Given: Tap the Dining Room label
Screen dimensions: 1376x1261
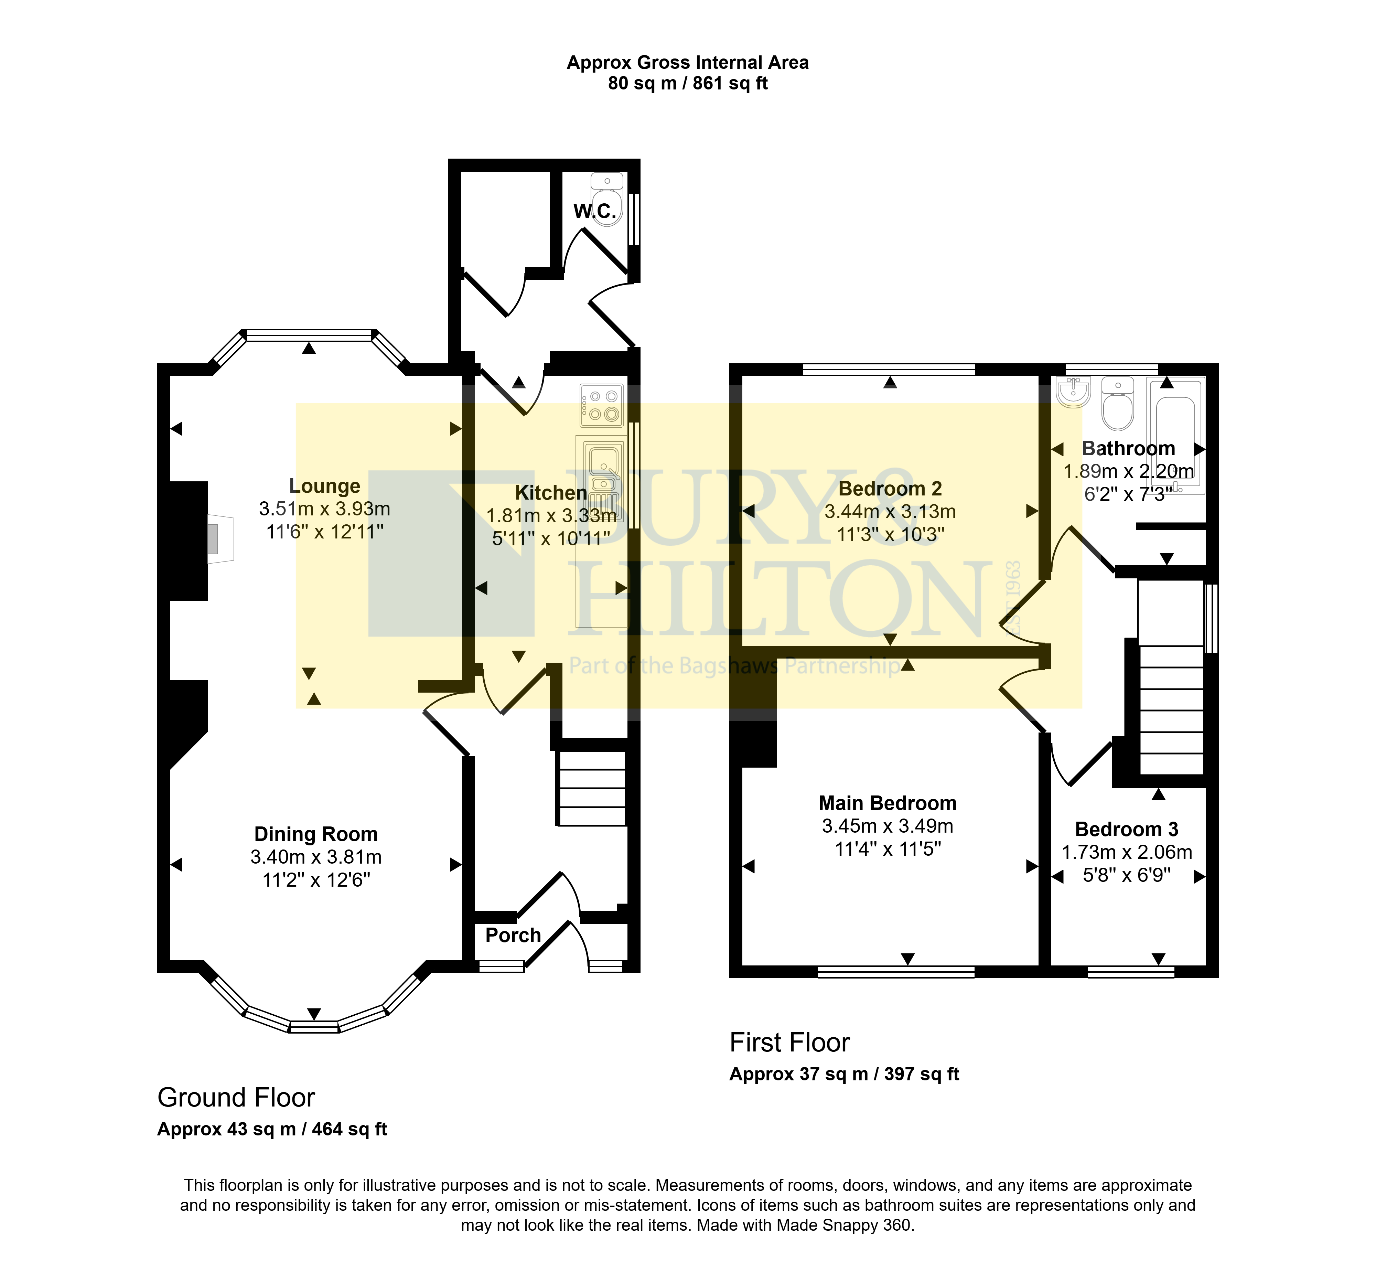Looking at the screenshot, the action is pyautogui.click(x=316, y=834).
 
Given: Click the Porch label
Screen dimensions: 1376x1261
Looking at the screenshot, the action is pyautogui.click(x=513, y=935).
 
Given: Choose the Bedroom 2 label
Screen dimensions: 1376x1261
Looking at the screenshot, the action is pyautogui.click(x=890, y=489).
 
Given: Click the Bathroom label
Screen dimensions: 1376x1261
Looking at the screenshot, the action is pyautogui.click(x=1129, y=449).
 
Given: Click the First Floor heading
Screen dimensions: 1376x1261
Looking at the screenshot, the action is pyautogui.click(x=790, y=1043).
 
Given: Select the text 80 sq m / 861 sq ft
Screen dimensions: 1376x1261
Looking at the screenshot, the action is pyautogui.click(x=688, y=83).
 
